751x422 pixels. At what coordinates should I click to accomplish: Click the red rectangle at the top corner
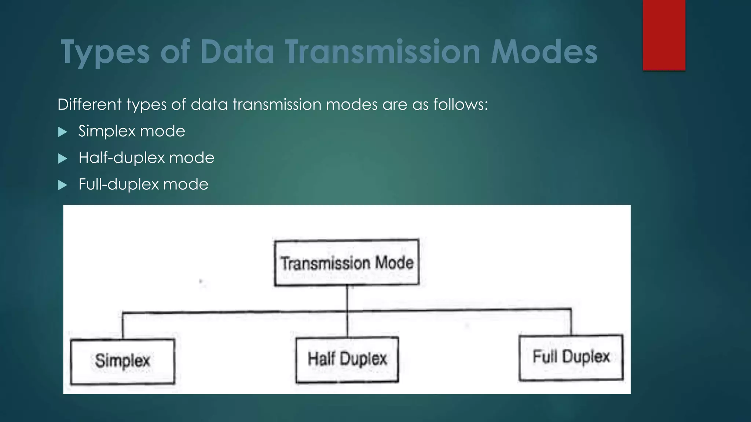[x=664, y=35]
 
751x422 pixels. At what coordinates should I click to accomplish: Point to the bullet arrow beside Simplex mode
[x=63, y=132]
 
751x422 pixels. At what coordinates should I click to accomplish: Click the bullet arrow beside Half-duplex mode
[x=63, y=159]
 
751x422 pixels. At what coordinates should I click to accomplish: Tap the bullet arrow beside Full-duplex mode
[x=63, y=185]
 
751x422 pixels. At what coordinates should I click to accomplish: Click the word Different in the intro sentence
[x=89, y=105]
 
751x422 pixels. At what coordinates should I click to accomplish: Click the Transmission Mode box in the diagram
[x=347, y=262]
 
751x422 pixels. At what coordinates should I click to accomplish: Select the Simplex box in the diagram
[x=122, y=361]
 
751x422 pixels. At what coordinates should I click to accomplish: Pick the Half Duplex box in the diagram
[x=347, y=359]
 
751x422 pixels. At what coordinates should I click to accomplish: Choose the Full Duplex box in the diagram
[x=571, y=357]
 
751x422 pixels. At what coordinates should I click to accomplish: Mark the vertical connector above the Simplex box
[x=122, y=326]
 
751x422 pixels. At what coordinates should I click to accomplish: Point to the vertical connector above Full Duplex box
[x=571, y=322]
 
